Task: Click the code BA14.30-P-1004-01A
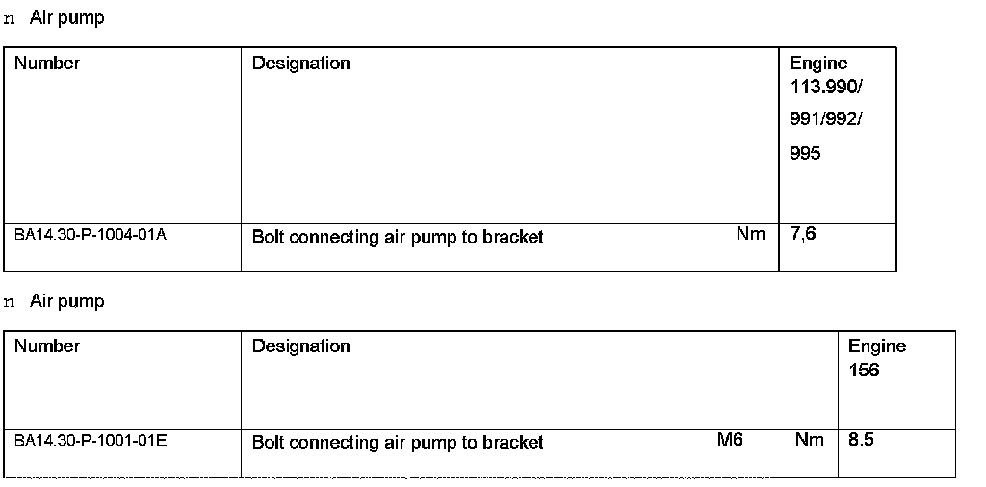(90, 234)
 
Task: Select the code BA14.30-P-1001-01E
(90, 440)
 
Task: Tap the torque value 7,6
(803, 233)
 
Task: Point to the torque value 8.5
(861, 440)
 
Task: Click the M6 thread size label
(730, 439)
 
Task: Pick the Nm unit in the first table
(750, 233)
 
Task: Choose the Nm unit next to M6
(809, 439)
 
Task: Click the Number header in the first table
(47, 64)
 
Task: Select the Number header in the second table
(47, 346)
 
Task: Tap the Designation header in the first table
(300, 64)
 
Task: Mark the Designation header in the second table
(300, 346)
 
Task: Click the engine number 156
(864, 371)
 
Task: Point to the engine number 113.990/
(826, 87)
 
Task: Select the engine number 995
(805, 153)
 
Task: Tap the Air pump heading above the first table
(66, 18)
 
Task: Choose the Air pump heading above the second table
(66, 301)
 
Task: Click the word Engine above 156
(876, 346)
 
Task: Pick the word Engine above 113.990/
(818, 64)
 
